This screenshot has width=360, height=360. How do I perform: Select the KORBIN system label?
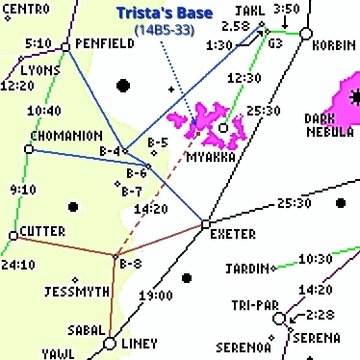[334, 45]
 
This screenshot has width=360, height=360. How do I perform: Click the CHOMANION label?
[66, 136]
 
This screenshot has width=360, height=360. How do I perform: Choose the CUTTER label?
[43, 232]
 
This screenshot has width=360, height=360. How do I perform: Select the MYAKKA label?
[212, 155]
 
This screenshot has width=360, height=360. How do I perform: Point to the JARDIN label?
[246, 268]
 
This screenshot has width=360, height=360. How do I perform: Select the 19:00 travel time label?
[154, 295]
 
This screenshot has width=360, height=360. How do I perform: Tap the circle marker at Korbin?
[305, 34]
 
